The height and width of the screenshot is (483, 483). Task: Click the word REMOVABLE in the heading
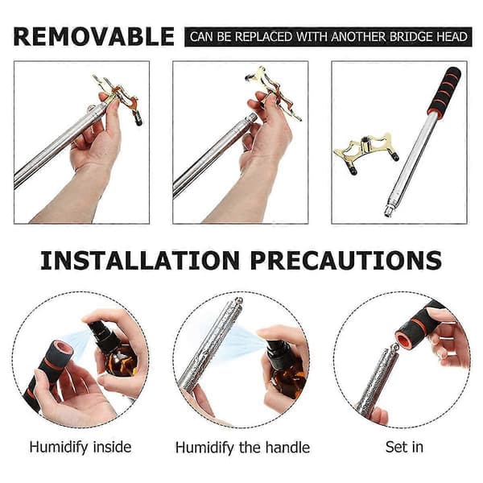(x=94, y=37)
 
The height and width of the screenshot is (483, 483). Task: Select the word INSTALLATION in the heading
(x=140, y=261)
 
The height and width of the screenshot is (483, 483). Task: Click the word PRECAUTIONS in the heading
(x=346, y=261)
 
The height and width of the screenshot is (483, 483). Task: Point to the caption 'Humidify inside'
(x=80, y=448)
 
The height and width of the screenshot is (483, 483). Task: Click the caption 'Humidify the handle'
(x=242, y=448)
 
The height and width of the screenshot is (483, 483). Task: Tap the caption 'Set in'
(x=404, y=447)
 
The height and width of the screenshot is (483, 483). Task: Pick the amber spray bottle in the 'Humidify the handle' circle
(x=285, y=369)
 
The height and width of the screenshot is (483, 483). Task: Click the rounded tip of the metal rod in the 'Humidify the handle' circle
(x=238, y=300)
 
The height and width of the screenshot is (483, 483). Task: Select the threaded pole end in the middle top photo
(x=251, y=118)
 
